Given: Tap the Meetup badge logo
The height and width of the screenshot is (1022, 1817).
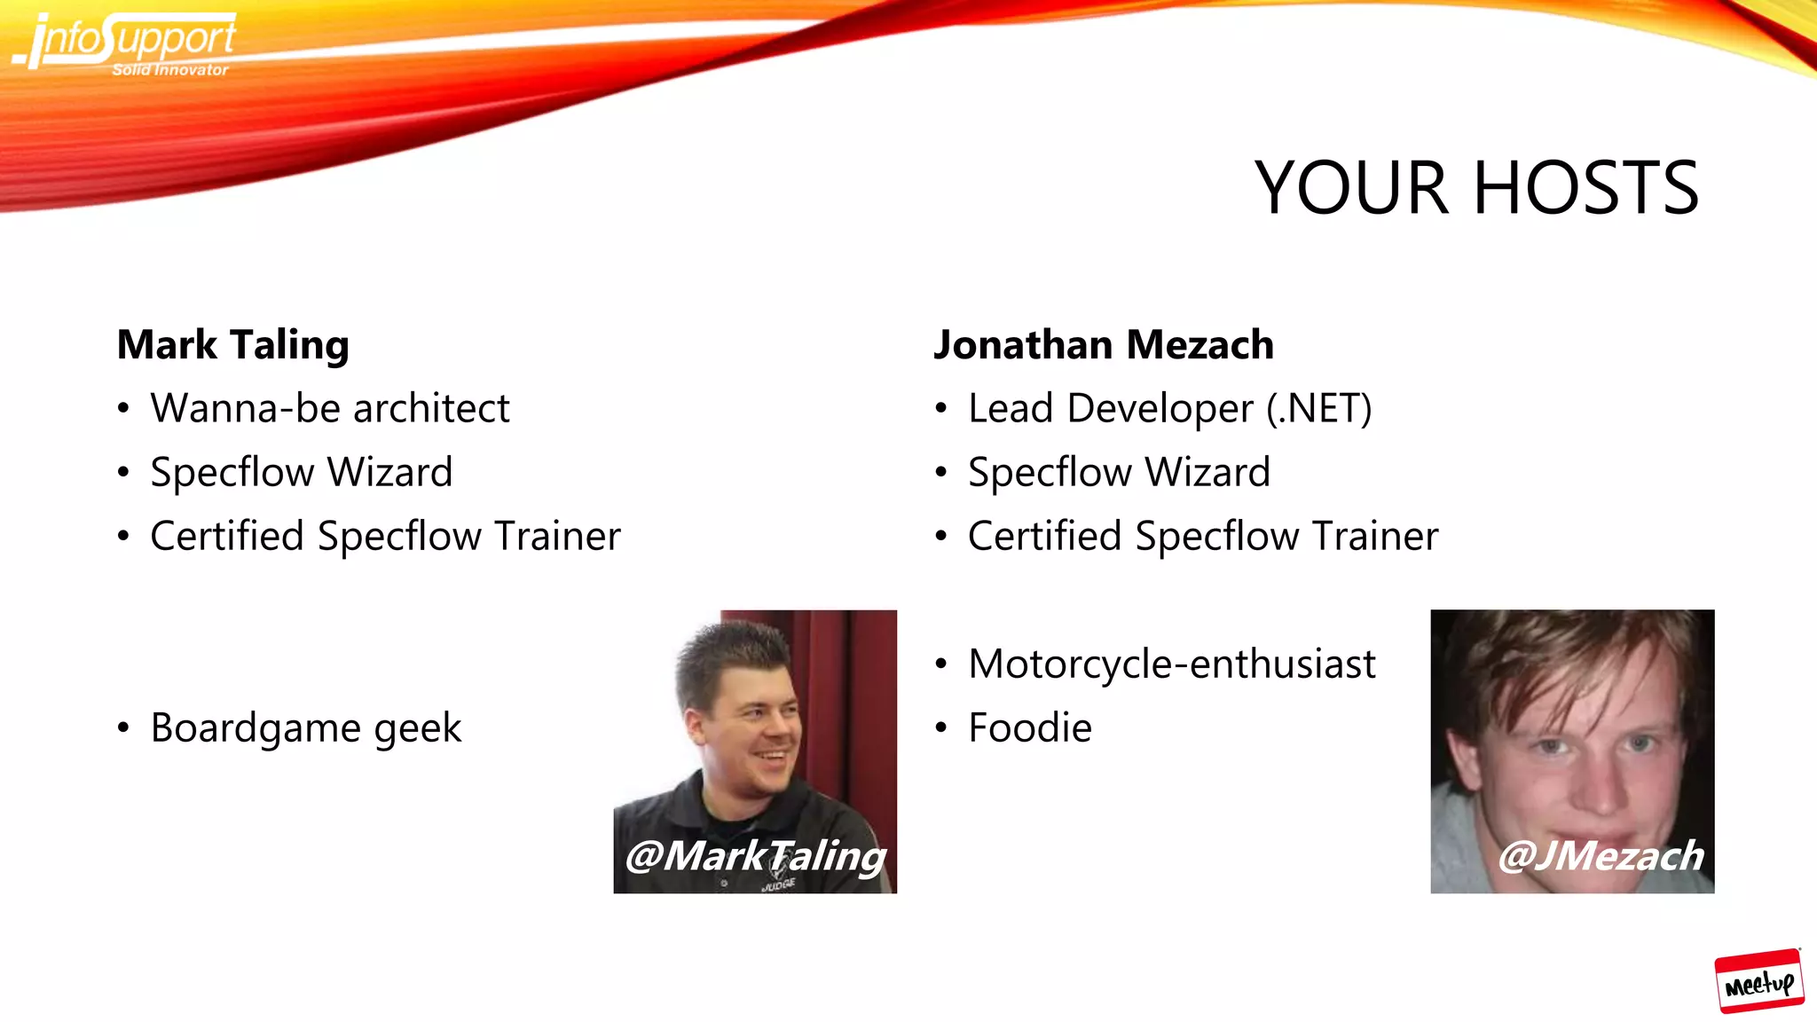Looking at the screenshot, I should (x=1758, y=981).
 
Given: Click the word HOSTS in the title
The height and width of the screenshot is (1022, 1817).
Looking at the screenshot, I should (x=1585, y=188).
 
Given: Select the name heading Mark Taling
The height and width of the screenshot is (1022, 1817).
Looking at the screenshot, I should (x=232, y=344).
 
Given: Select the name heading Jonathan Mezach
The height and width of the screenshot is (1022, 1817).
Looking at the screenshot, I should (x=1103, y=344).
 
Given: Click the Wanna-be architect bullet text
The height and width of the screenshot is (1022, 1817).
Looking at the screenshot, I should (x=329, y=408).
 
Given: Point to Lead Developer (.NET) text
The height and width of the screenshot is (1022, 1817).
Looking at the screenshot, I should (x=1169, y=408).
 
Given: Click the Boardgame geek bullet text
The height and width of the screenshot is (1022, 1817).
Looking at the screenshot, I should (x=306, y=727).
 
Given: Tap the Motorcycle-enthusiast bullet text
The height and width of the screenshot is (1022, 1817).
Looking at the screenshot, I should (x=1171, y=664).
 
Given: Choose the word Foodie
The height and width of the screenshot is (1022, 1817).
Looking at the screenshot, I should (x=1029, y=727).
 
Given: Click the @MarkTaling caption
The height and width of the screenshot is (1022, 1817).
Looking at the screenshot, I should (x=755, y=855).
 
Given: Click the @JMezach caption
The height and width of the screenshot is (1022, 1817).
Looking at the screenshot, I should (x=1600, y=855).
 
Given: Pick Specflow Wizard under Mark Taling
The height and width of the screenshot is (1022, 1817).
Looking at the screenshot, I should (x=301, y=472).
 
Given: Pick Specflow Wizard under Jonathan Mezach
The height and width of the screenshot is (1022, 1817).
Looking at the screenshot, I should (x=1118, y=472).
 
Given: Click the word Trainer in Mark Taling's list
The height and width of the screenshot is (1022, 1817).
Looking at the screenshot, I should (x=557, y=536).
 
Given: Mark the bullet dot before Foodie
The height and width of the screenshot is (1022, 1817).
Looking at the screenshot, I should (x=940, y=728).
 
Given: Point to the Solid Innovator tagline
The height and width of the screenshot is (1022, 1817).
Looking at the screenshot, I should (x=170, y=70).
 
